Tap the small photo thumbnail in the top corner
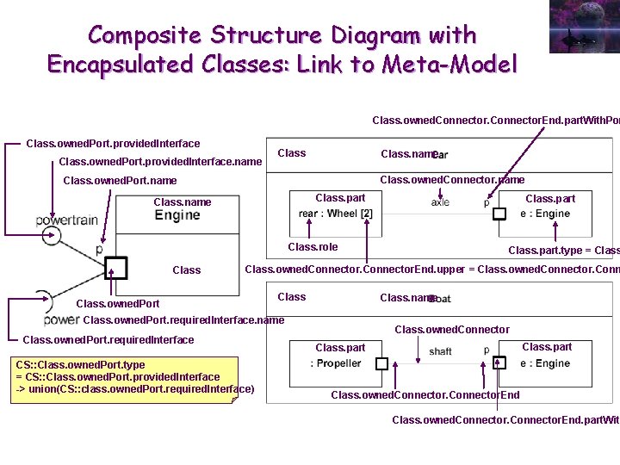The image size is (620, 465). pyautogui.click(x=583, y=26)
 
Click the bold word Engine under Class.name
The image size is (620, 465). pyautogui.click(x=177, y=215)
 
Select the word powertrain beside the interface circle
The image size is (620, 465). pyautogui.click(x=67, y=220)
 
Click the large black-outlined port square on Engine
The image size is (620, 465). pyautogui.click(x=115, y=269)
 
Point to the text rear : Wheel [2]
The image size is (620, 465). pyautogui.click(x=336, y=214)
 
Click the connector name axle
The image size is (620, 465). pyautogui.click(x=440, y=202)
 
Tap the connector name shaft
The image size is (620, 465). pyautogui.click(x=440, y=351)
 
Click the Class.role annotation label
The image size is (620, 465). pyautogui.click(x=313, y=247)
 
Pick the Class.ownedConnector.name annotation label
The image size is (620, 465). pyautogui.click(x=452, y=180)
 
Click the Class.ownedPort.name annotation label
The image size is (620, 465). pyautogui.click(x=120, y=181)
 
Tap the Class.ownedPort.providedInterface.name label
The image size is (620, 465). pyautogui.click(x=159, y=161)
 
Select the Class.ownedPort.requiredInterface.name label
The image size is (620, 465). pyautogui.click(x=183, y=320)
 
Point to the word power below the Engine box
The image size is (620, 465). pyautogui.click(x=62, y=319)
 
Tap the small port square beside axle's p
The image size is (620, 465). pyautogui.click(x=499, y=214)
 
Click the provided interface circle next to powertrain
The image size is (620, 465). pyautogui.click(x=51, y=234)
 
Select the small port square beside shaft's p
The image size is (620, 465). pyautogui.click(x=499, y=363)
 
